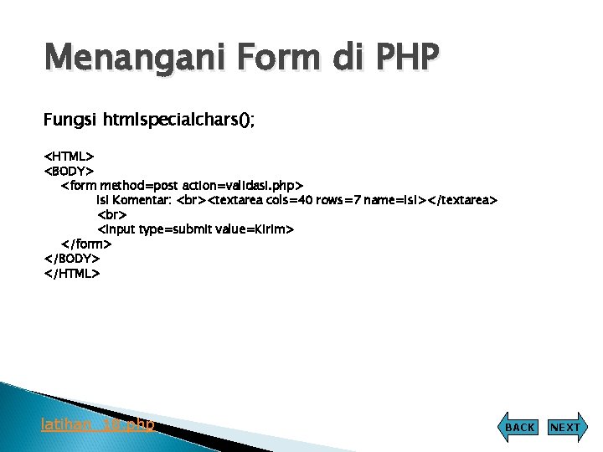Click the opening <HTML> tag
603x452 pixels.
[x=69, y=156]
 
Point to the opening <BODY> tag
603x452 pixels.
[x=69, y=171]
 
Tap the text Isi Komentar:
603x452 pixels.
[x=135, y=200]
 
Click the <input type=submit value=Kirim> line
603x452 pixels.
[x=196, y=229]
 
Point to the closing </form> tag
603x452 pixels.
[x=86, y=244]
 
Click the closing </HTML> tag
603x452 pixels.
[x=71, y=273]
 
